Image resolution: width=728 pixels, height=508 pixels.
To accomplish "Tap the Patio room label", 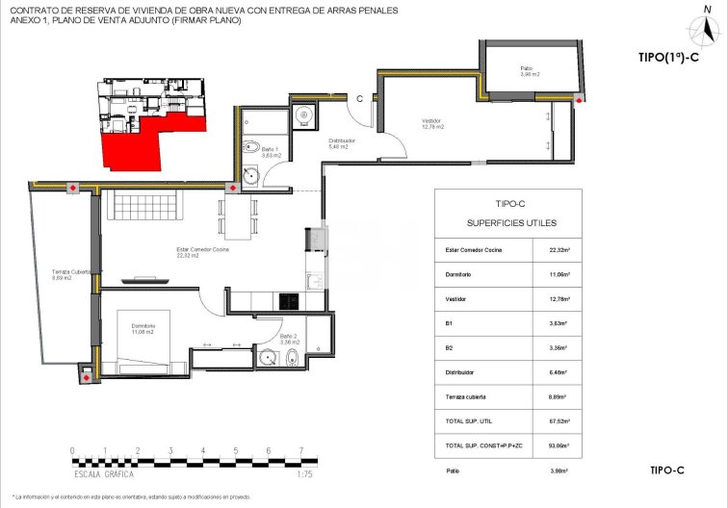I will click(x=527, y=70).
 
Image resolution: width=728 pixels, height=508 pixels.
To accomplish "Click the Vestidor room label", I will click(x=432, y=123).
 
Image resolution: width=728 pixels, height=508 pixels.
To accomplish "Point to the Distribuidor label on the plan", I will click(x=342, y=143).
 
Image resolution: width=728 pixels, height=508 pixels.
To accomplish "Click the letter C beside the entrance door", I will click(x=359, y=98).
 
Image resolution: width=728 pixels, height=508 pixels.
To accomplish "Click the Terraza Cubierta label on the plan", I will click(x=70, y=274).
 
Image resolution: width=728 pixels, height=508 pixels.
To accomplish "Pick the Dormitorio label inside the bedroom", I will click(x=143, y=328).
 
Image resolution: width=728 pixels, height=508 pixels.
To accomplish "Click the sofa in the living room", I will click(x=143, y=205).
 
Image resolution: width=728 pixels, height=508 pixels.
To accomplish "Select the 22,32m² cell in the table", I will click(x=558, y=251).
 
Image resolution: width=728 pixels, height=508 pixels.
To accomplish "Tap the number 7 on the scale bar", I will click(x=301, y=450).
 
